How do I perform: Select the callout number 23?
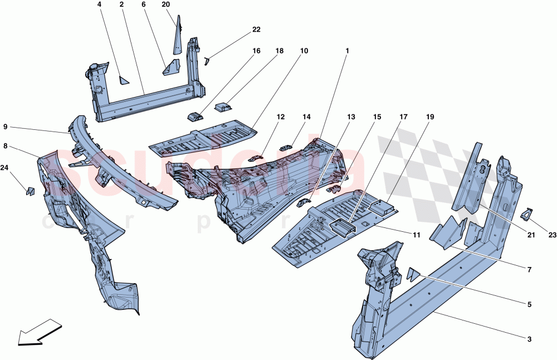click(551, 235)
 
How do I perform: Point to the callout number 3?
click(530, 339)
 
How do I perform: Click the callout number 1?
click(346, 51)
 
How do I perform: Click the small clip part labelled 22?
click(207, 60)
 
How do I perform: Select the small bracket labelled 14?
click(286, 147)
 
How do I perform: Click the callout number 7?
click(530, 270)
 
